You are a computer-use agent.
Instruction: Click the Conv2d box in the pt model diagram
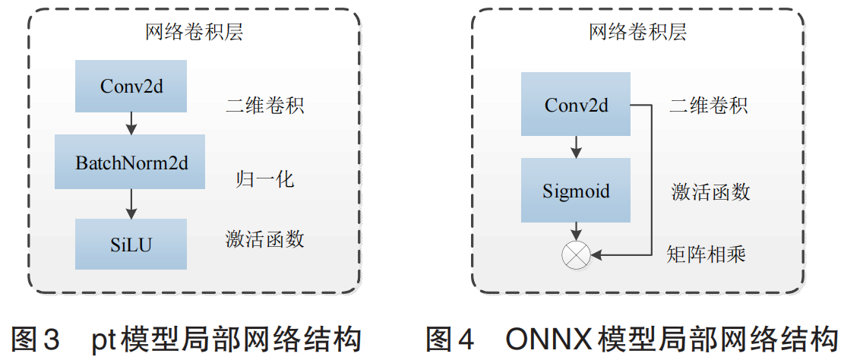coord(131,86)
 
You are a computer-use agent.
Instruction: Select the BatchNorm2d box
coord(130,162)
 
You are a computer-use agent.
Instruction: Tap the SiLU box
coord(131,244)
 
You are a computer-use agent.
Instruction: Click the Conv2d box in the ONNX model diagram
coord(576,105)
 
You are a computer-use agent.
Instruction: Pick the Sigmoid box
coord(576,190)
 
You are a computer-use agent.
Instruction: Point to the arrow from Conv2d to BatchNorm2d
coord(131,122)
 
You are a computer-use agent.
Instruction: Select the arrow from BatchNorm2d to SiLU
coord(131,204)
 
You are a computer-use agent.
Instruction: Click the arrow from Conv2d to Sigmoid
coord(576,147)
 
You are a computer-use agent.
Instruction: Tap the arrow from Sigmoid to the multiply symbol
coord(576,231)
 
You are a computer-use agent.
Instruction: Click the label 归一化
coord(264,180)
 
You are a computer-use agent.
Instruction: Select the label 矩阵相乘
coord(706,253)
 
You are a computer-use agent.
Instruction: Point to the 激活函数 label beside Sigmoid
coord(710,191)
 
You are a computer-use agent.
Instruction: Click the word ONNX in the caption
coord(547,339)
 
